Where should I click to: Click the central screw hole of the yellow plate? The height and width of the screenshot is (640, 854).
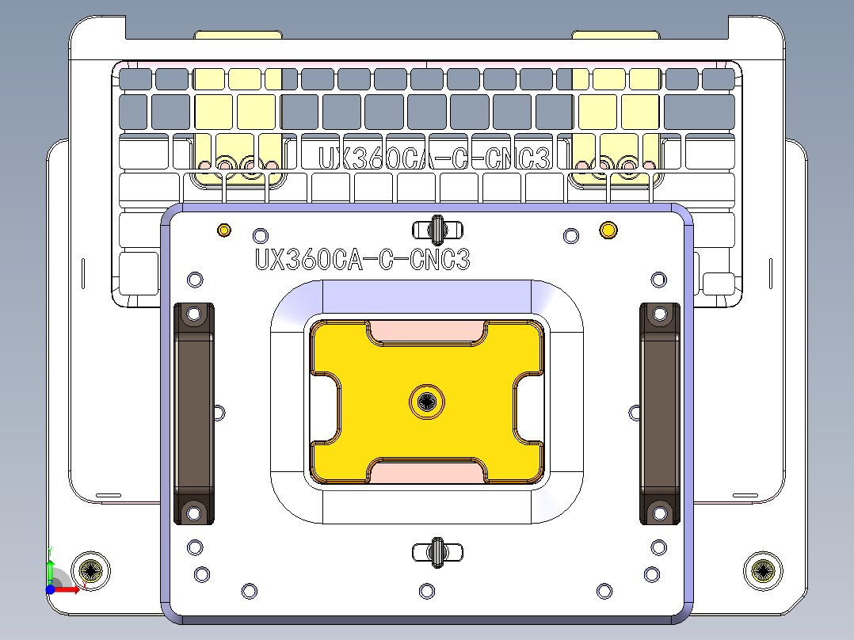(x=428, y=402)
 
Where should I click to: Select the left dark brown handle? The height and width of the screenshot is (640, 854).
(x=193, y=413)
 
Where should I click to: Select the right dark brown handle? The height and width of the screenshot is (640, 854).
(x=660, y=413)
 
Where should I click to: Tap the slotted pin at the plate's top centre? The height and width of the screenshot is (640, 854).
(x=436, y=229)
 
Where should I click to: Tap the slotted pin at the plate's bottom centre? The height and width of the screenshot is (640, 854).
(x=436, y=551)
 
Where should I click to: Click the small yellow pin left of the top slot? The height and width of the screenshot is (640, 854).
(x=224, y=230)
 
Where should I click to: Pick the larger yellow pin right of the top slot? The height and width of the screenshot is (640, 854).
(x=608, y=230)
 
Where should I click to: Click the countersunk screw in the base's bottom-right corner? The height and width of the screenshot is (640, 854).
(x=763, y=570)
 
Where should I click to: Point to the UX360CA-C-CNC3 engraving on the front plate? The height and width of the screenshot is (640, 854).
(x=362, y=260)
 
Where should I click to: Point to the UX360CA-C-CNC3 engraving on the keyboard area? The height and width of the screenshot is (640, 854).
(x=433, y=158)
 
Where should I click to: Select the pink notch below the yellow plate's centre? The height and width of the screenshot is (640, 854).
(x=428, y=472)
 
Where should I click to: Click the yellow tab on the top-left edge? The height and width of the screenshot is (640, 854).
(x=238, y=36)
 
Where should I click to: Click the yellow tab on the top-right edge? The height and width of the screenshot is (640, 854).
(x=616, y=36)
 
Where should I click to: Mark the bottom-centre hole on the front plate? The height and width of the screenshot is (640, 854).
(x=427, y=590)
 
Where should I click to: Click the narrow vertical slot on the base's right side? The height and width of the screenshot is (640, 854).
(x=770, y=272)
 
